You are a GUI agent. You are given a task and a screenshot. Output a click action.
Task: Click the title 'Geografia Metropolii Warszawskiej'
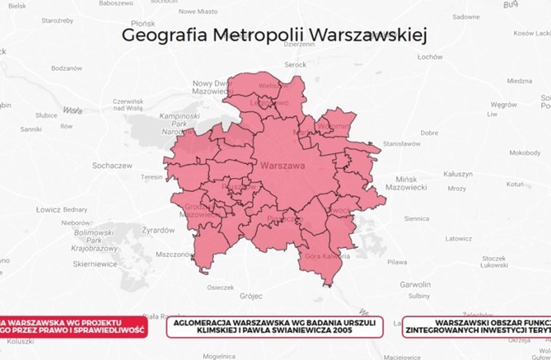274,35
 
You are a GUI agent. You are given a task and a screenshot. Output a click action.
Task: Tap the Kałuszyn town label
458,174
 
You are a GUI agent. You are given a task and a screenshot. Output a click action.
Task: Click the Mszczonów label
171,254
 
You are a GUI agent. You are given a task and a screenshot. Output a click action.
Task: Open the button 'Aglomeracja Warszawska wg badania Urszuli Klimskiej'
272,327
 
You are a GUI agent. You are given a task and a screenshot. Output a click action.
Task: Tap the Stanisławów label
401,143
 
